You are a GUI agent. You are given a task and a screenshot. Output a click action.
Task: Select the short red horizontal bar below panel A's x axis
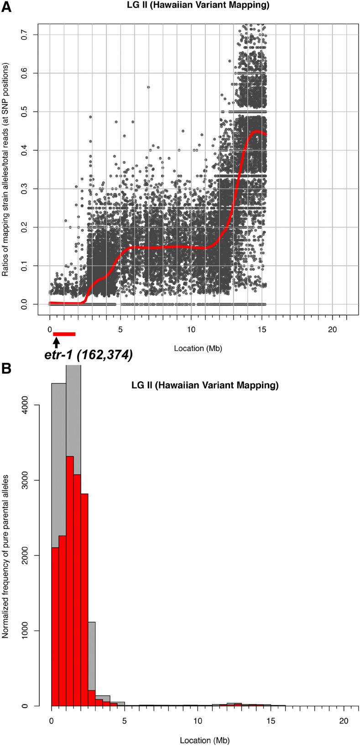64,334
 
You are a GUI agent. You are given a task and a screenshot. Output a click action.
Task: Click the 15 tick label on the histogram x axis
271,720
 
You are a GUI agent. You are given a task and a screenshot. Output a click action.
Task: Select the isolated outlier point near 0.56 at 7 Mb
148,87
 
